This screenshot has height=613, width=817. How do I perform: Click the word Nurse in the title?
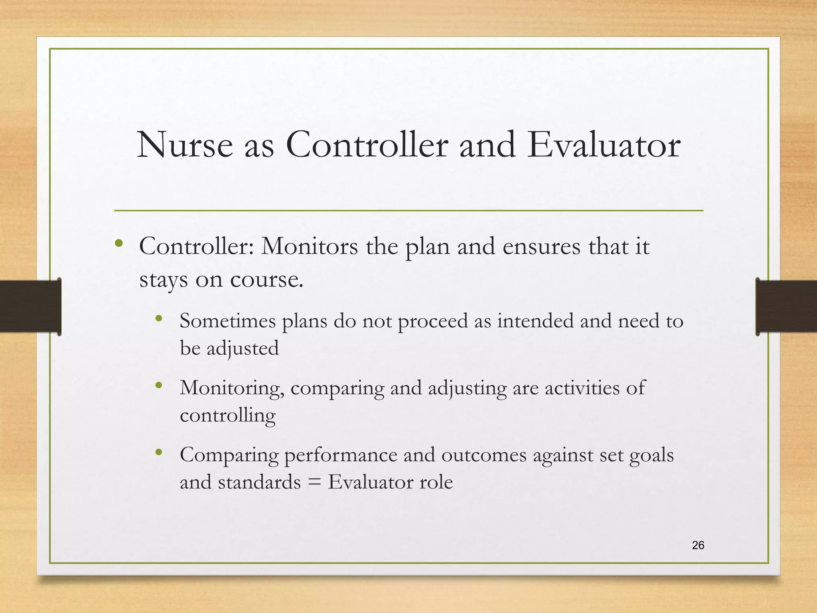(x=185, y=145)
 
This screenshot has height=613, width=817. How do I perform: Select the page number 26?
(x=698, y=545)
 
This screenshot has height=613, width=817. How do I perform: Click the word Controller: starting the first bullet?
(x=196, y=246)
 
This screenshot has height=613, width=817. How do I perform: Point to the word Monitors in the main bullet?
(x=309, y=246)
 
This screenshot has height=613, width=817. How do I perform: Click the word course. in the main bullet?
(x=266, y=279)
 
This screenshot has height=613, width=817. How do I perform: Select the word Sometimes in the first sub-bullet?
(x=227, y=321)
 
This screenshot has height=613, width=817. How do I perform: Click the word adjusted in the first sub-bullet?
(x=242, y=348)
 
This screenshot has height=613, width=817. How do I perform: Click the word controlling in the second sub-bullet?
(x=227, y=415)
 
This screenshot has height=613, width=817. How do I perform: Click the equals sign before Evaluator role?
(x=314, y=482)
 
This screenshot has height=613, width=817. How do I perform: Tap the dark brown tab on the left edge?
(x=30, y=306)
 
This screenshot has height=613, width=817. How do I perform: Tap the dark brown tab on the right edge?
(x=786, y=306)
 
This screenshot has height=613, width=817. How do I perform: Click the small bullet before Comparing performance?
(x=159, y=453)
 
